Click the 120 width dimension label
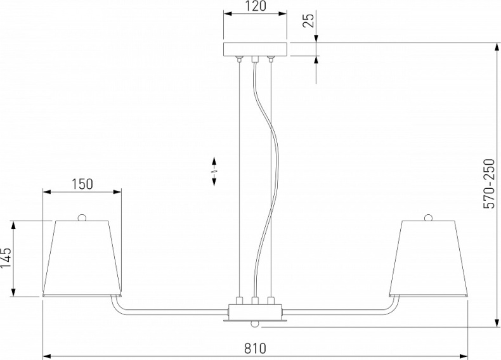255,7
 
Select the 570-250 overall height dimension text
489,184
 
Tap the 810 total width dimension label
254,349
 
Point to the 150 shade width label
82,184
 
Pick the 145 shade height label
6,259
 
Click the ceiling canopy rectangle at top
255,49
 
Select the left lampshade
82,259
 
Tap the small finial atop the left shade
82,217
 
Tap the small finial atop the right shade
428,217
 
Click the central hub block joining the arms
255,312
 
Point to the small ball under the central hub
255,325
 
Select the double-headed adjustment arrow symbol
214,171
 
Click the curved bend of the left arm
117,307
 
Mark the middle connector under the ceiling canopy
256,60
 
